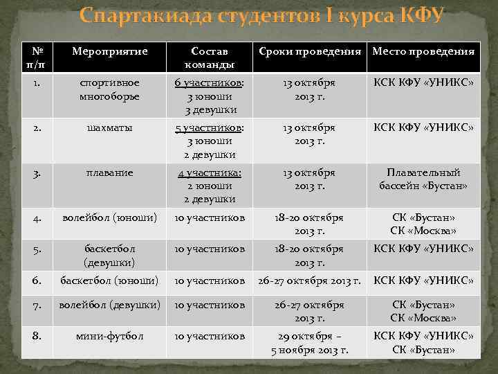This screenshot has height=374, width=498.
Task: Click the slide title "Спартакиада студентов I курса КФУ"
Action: (x=261, y=16)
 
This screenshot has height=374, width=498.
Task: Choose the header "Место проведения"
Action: (x=423, y=52)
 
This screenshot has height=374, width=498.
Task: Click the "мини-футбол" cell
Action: (x=111, y=337)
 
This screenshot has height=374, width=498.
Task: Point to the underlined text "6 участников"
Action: (x=207, y=83)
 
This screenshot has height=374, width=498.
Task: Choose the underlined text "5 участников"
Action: (x=207, y=128)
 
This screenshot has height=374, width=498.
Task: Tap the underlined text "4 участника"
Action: (x=208, y=173)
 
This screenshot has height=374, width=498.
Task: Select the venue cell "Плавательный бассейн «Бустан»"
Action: (x=423, y=179)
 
